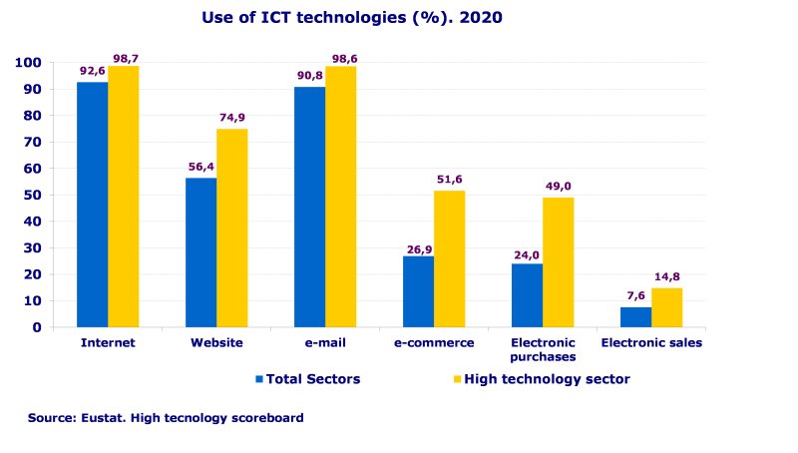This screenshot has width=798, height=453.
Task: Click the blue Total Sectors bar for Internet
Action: pyautogui.click(x=93, y=205)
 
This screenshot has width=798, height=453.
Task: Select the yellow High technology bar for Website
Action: pyautogui.click(x=231, y=227)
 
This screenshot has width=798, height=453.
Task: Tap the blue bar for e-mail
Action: pyautogui.click(x=309, y=207)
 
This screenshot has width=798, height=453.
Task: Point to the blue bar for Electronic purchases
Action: pyautogui.click(x=527, y=295)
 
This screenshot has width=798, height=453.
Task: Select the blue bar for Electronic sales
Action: pyautogui.click(x=635, y=316)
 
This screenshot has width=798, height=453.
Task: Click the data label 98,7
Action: pyautogui.click(x=126, y=59)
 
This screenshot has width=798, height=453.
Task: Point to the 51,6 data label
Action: pyautogui.click(x=450, y=180)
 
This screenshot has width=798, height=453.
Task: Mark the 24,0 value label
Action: pyautogui.click(x=526, y=253)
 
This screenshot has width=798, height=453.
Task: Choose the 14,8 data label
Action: pyautogui.click(x=666, y=277)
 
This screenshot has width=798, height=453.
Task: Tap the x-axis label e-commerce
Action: pyautogui.click(x=434, y=342)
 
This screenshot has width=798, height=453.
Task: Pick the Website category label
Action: pyautogui.click(x=216, y=342)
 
